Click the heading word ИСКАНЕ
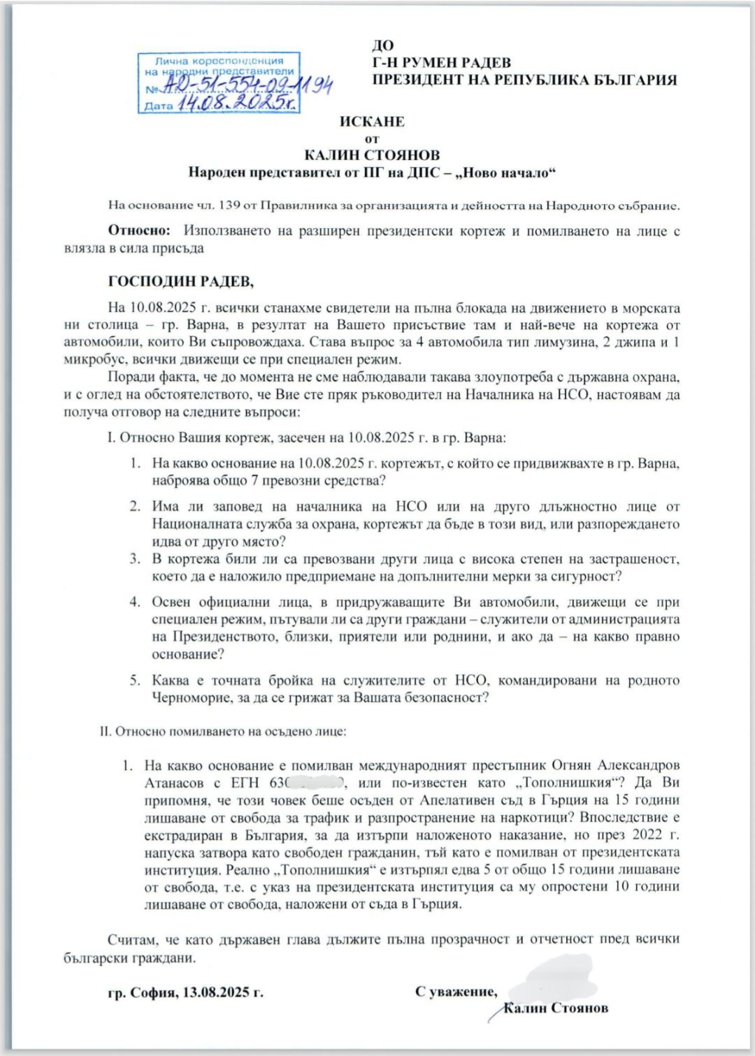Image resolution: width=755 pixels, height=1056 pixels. point(372,122)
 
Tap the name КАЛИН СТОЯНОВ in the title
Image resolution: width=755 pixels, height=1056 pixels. point(372,155)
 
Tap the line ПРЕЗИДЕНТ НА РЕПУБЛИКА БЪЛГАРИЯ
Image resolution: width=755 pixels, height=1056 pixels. point(524,80)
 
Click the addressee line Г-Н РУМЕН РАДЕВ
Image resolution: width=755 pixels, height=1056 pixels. point(441,63)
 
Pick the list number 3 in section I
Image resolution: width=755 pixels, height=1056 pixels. point(135,559)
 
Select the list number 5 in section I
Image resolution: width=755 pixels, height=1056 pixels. point(135,680)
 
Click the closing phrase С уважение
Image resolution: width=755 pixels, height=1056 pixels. point(456,992)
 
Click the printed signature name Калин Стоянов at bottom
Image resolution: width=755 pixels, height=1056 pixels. point(556,1008)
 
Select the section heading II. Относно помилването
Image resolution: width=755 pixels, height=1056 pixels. point(224,732)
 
